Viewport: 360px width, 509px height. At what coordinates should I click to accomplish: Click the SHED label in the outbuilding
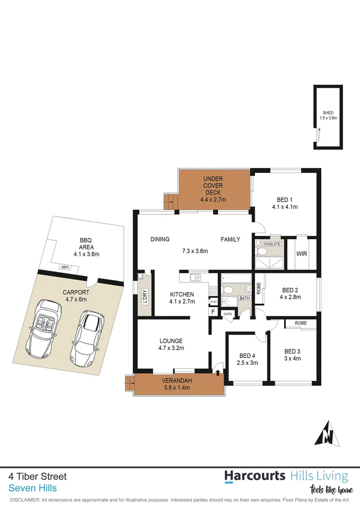(328, 113)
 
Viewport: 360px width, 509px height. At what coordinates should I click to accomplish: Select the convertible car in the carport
(45, 328)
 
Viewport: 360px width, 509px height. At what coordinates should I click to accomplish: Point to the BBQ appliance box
(65, 267)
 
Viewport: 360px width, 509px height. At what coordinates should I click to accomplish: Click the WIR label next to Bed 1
(302, 254)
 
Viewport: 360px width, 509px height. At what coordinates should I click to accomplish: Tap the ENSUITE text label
(272, 244)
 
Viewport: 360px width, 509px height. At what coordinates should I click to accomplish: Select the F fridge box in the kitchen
(213, 312)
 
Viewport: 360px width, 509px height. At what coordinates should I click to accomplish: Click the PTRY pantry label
(213, 302)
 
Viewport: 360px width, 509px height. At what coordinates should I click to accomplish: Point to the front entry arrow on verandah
(217, 373)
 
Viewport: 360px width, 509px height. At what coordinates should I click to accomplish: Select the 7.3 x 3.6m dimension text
(195, 251)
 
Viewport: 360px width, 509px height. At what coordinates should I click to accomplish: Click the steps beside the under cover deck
(169, 201)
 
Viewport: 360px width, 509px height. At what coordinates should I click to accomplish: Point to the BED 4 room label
(247, 356)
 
